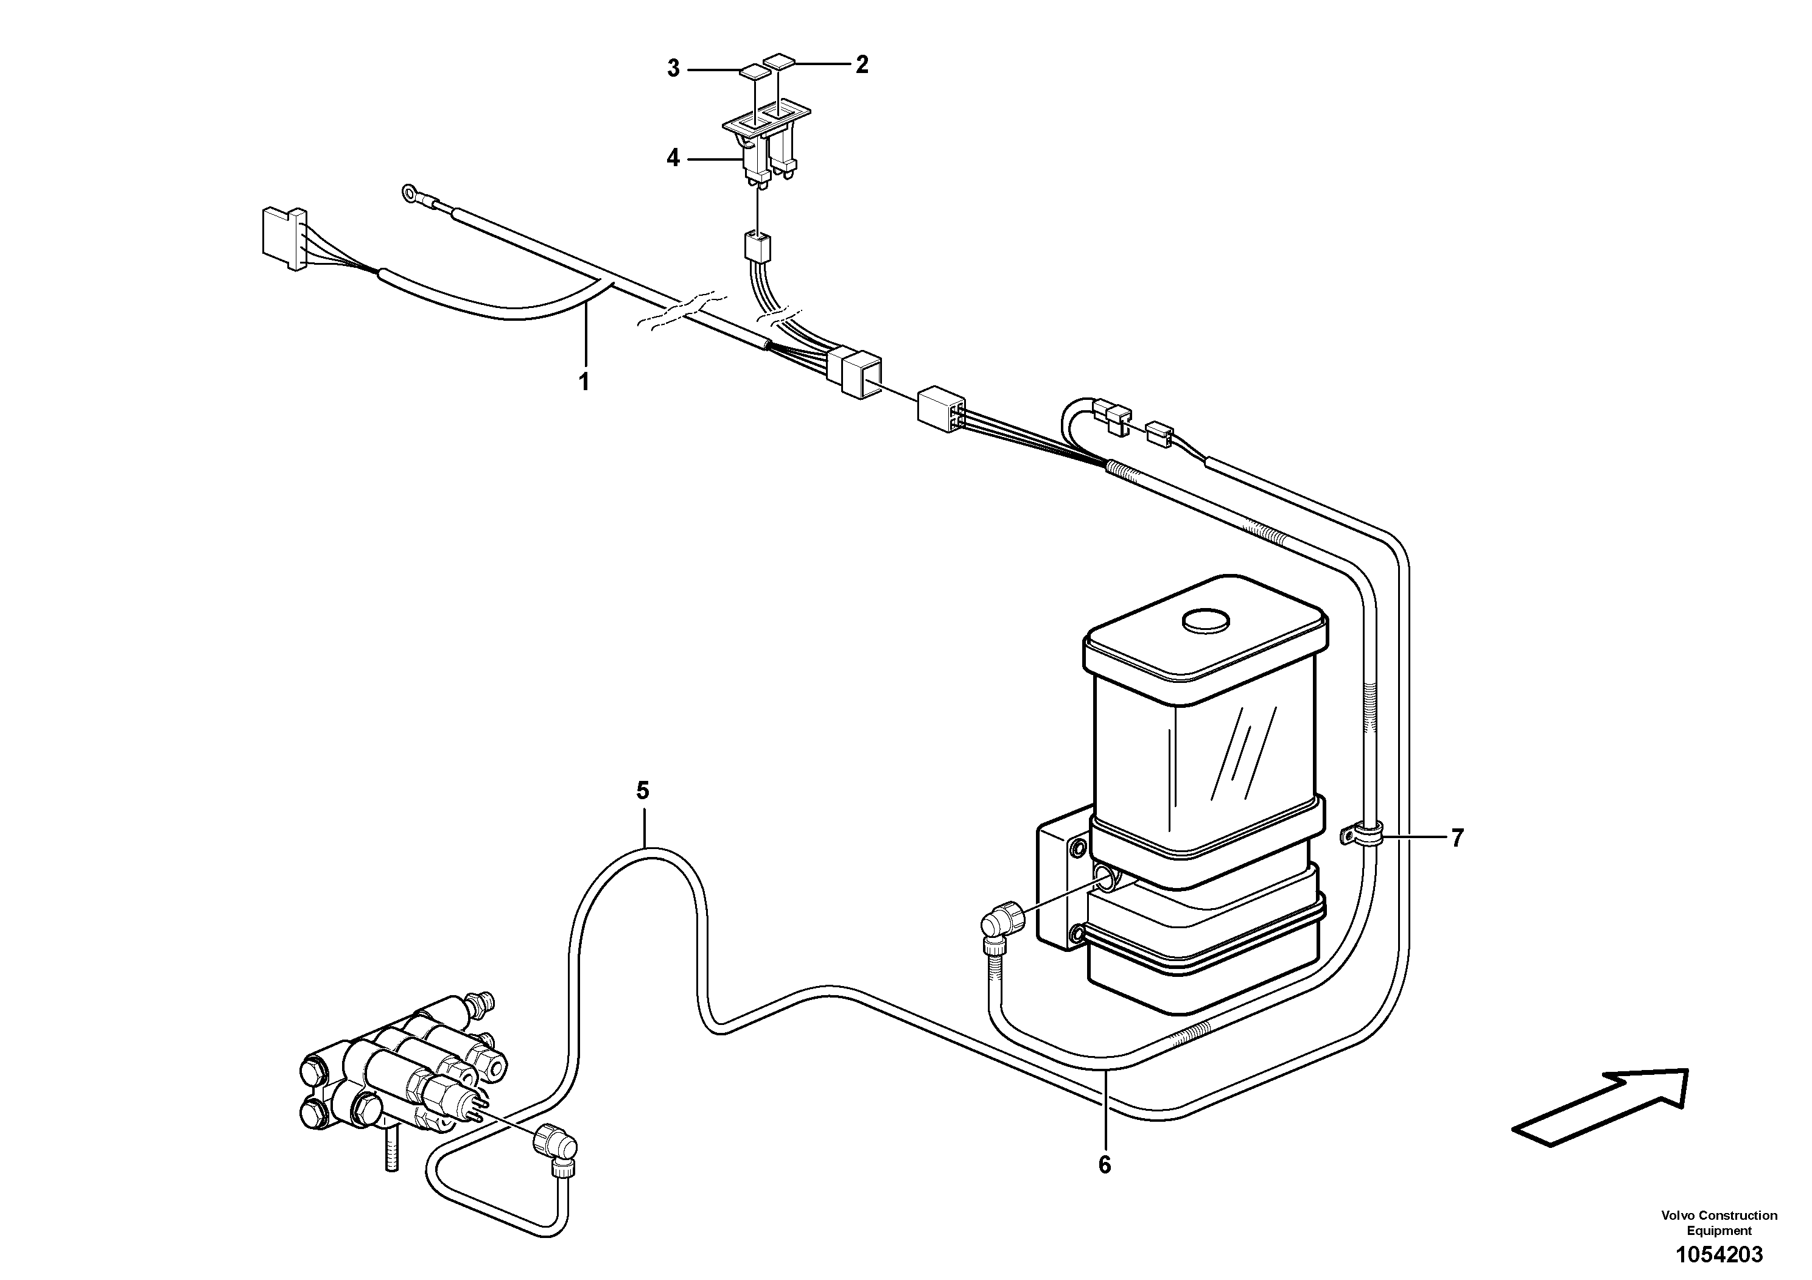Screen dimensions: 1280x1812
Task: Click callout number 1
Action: [584, 382]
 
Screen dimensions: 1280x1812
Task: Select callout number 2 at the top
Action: [862, 64]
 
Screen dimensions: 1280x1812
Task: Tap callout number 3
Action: [673, 69]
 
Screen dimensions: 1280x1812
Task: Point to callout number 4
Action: [673, 159]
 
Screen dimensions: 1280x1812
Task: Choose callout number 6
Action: [1104, 1165]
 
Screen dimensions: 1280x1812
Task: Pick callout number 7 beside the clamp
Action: [1457, 838]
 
